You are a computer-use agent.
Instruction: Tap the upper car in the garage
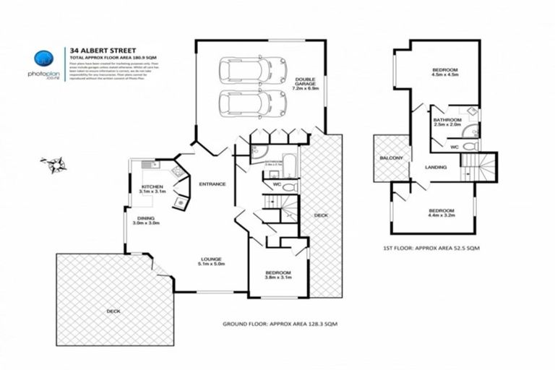[244, 71]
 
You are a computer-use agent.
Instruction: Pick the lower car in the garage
[244, 103]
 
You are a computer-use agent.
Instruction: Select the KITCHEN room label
[152, 189]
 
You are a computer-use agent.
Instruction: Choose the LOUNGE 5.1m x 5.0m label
[212, 261]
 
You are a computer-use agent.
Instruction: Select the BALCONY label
[390, 158]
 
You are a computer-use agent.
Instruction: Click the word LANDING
[436, 167]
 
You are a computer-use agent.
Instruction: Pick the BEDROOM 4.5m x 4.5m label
[444, 72]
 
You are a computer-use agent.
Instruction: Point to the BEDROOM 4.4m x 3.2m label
[440, 212]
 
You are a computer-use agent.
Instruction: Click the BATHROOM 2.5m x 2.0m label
[447, 122]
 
